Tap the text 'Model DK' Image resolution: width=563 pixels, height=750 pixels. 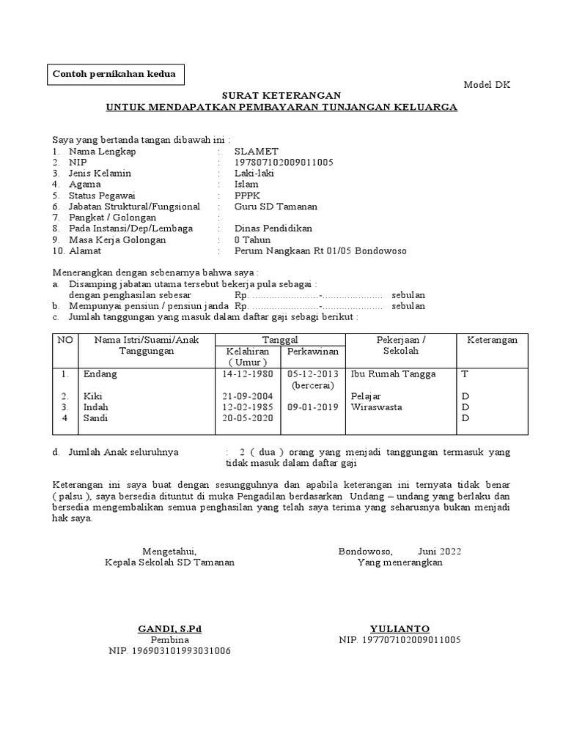click(487, 85)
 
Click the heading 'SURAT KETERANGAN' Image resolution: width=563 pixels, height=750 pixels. click(281, 96)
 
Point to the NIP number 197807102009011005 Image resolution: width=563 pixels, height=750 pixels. click(284, 163)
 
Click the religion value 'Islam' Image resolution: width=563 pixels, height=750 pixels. click(246, 185)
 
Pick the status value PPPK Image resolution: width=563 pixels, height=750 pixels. click(247, 196)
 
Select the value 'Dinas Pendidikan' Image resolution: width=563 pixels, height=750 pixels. click(273, 229)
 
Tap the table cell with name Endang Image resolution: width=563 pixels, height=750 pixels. click(100, 374)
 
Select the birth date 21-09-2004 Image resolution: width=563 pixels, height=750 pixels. click(247, 396)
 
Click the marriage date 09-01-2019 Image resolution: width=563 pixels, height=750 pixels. click(313, 407)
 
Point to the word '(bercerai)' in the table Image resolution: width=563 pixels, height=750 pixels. click(313, 385)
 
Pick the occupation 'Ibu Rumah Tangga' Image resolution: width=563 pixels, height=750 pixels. click(394, 374)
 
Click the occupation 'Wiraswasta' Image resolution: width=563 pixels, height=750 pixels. click(377, 407)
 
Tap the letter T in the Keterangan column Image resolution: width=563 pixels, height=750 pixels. click(463, 374)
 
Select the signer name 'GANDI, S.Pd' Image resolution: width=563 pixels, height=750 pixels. click(169, 629)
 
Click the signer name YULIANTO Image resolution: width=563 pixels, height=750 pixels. click(400, 629)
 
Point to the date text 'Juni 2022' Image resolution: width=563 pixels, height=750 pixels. click(440, 552)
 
